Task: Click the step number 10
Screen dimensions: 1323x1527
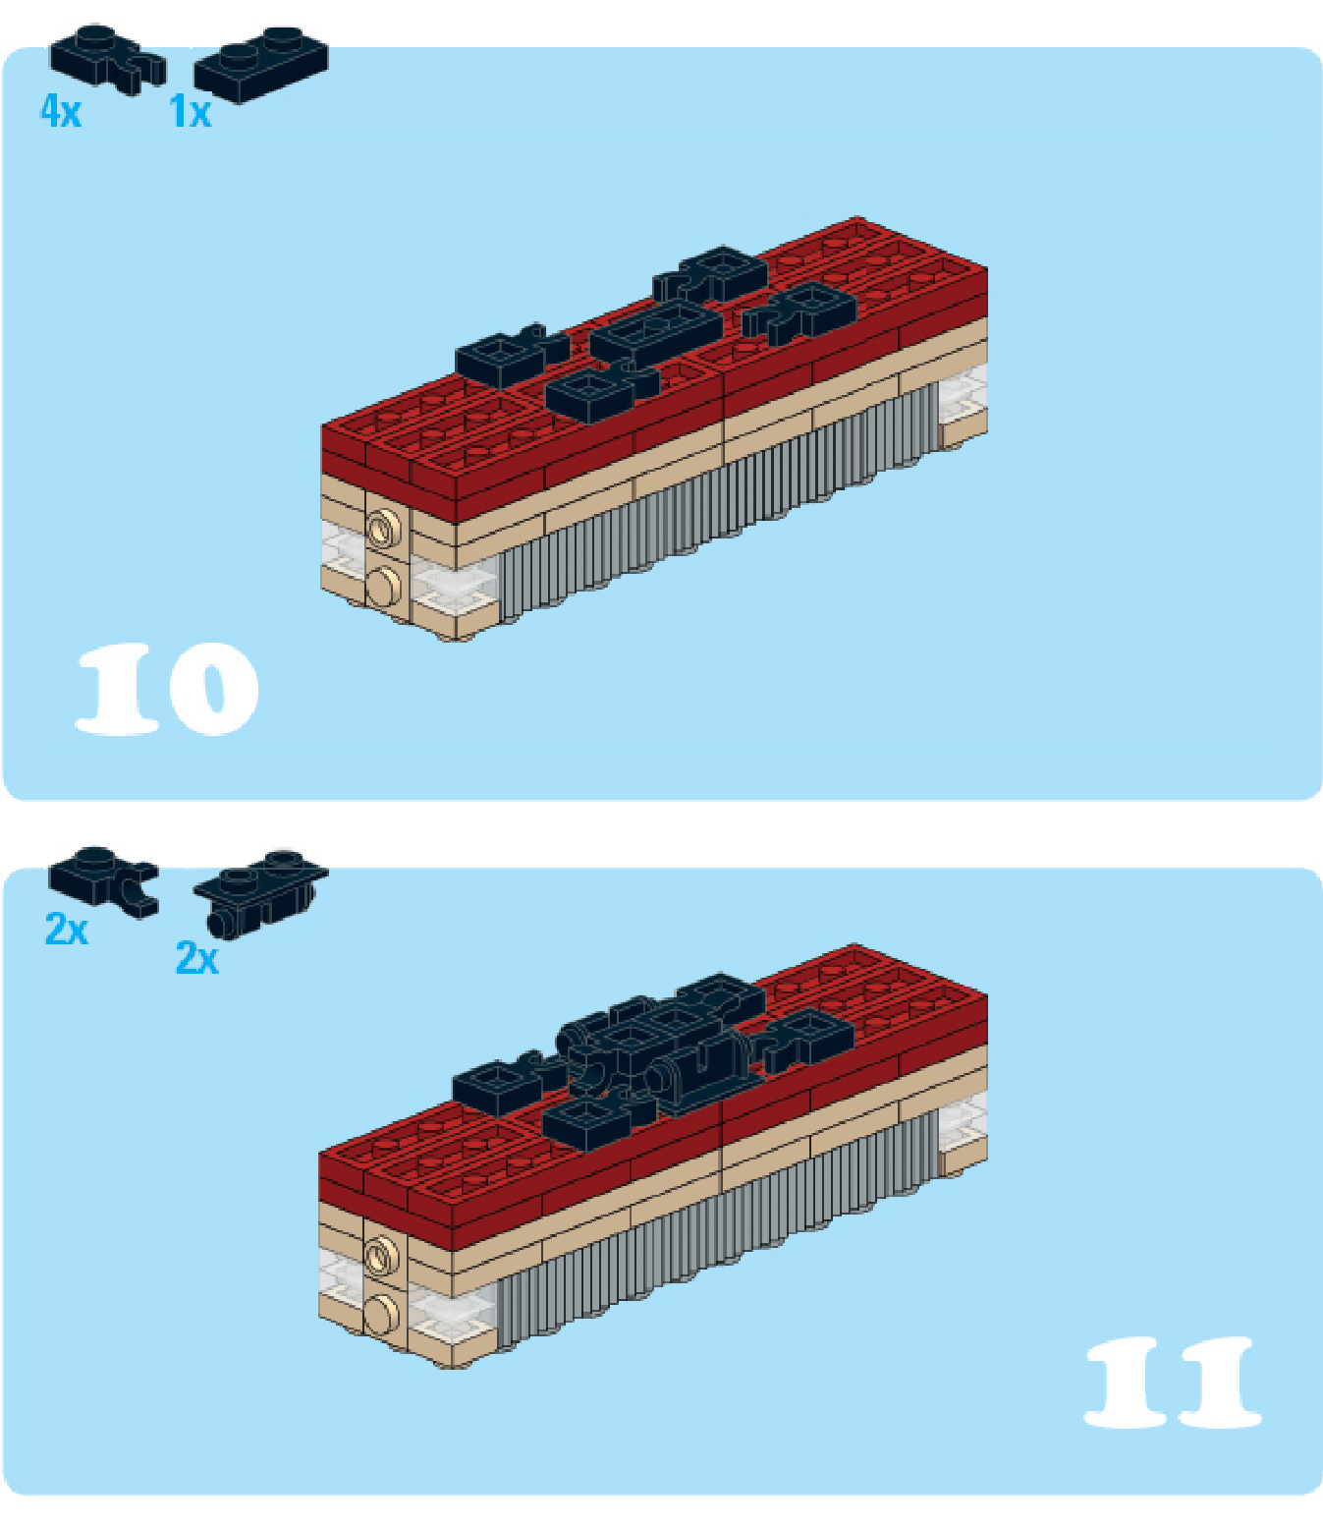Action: pyautogui.click(x=167, y=688)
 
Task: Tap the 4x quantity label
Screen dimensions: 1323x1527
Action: pyautogui.click(x=61, y=112)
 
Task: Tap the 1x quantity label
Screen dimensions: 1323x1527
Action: pyautogui.click(x=191, y=112)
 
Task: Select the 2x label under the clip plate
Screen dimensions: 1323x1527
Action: pyautogui.click(x=67, y=929)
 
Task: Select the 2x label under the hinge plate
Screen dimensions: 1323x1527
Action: pyautogui.click(x=197, y=958)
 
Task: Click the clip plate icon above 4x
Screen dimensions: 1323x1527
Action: pyautogui.click(x=108, y=60)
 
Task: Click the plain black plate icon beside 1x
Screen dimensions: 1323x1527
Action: pyautogui.click(x=261, y=65)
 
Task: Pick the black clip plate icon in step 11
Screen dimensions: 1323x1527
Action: pyautogui.click(x=103, y=882)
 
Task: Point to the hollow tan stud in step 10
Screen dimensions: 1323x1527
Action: pyautogui.click(x=382, y=529)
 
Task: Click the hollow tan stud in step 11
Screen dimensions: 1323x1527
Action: pyautogui.click(x=381, y=1255)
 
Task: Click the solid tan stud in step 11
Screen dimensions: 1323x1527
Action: pyautogui.click(x=382, y=1313)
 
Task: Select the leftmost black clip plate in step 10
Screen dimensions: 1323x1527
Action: pyautogui.click(x=510, y=358)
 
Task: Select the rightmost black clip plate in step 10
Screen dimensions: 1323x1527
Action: pyautogui.click(x=800, y=313)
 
